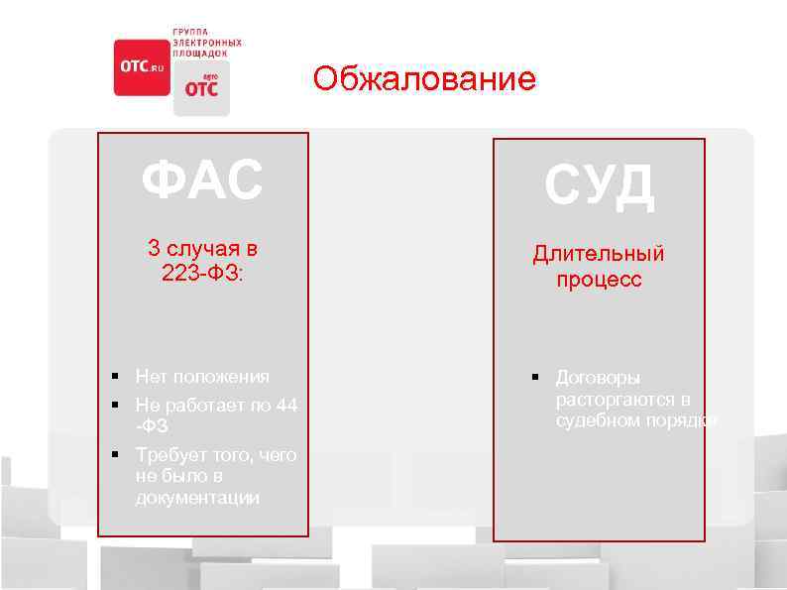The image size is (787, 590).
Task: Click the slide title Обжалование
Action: (424, 78)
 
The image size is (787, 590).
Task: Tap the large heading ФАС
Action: (202, 180)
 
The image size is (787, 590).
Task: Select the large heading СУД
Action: (599, 187)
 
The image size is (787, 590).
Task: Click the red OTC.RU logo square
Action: (142, 67)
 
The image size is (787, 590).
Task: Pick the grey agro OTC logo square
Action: (201, 89)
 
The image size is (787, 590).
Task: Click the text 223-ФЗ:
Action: (202, 272)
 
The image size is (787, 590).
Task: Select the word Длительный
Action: (599, 254)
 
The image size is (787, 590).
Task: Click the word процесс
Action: (599, 280)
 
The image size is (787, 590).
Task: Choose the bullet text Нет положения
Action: (202, 377)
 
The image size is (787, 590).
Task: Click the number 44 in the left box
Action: (286, 405)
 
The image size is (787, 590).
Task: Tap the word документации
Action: (197, 498)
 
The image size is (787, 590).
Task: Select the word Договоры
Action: (598, 378)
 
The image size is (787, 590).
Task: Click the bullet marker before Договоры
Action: (533, 377)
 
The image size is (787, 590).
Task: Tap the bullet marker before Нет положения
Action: (116, 376)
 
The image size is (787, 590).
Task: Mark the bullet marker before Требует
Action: (116, 454)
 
